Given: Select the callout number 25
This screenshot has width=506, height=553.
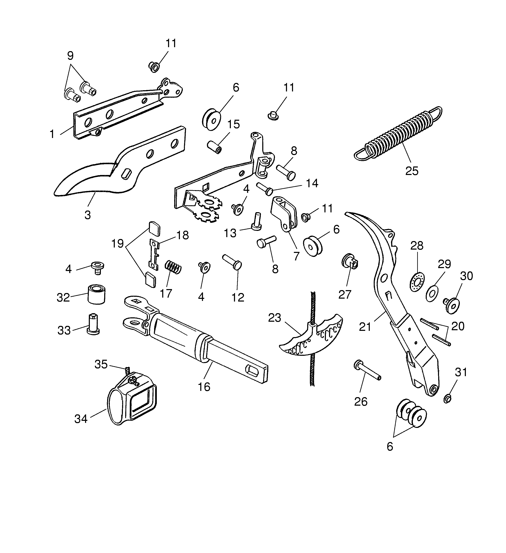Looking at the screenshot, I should [x=412, y=171].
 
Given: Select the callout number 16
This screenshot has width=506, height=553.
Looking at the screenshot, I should [x=204, y=387].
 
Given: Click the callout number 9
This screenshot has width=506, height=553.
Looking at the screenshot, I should [x=70, y=56].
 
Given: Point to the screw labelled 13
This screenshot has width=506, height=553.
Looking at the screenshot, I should [x=256, y=222].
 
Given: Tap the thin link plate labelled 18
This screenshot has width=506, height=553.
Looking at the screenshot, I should [x=154, y=254].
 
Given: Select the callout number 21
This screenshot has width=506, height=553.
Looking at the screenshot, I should [x=365, y=327].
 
